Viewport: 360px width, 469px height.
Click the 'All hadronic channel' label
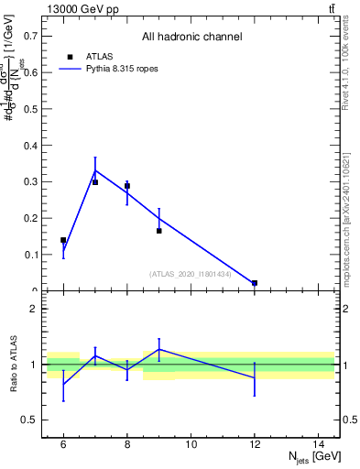(x=191, y=37)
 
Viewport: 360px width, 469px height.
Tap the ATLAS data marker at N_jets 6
(x=63, y=240)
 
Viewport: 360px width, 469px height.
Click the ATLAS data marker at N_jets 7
(x=95, y=182)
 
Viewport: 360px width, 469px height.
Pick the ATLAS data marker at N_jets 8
(x=127, y=186)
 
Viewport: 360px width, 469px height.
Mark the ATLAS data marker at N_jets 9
(x=159, y=231)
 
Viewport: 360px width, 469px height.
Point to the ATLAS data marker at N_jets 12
(x=255, y=283)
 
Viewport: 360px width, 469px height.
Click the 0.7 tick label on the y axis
(x=30, y=36)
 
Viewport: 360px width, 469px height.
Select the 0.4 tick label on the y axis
(x=30, y=146)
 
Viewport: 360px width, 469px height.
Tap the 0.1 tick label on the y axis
(x=30, y=256)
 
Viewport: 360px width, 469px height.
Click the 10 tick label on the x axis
(x=191, y=444)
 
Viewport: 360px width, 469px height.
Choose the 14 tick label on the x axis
(x=318, y=444)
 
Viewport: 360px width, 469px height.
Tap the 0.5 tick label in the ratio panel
(x=30, y=420)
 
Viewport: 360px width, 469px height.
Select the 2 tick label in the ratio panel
(x=35, y=310)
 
